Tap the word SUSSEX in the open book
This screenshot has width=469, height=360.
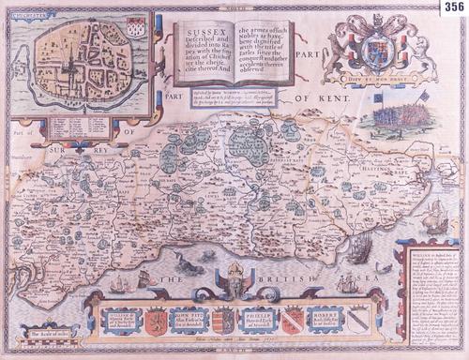click(x=198, y=31)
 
